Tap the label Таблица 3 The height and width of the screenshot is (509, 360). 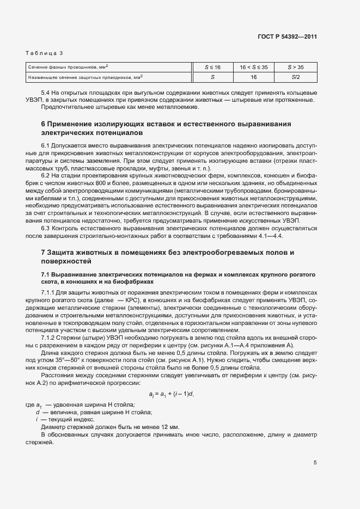click(45, 53)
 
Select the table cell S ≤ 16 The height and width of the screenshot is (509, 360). click(212, 67)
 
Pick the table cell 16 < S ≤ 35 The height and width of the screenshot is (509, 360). click(253, 67)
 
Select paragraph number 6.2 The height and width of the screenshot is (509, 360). click(46, 176)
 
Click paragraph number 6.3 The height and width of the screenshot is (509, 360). click(46, 229)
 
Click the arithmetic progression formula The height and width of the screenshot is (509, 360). click(172, 394)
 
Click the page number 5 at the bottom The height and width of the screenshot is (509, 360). click(315, 463)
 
